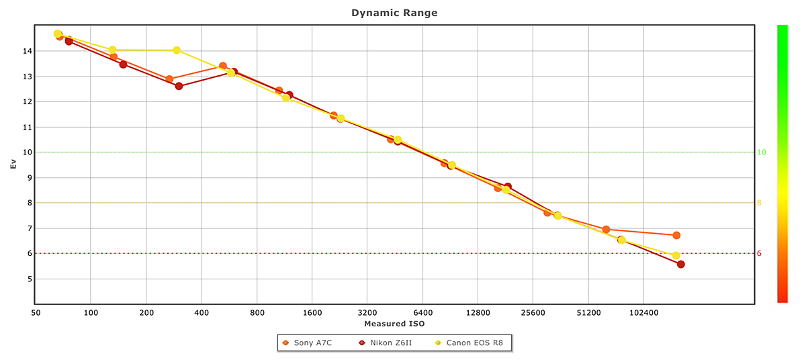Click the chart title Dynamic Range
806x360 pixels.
(x=394, y=13)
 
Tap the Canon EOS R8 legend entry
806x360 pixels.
(x=478, y=343)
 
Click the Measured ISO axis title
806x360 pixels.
(x=394, y=324)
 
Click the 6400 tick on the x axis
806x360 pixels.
(x=422, y=313)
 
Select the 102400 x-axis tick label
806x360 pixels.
(x=643, y=313)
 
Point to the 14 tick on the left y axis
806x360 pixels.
(x=27, y=51)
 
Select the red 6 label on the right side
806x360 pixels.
(x=760, y=254)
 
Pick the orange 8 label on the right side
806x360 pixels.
(x=760, y=203)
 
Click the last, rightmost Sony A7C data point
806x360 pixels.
(x=676, y=235)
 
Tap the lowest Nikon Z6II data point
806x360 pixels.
(x=681, y=264)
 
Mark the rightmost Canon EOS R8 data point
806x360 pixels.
(x=676, y=255)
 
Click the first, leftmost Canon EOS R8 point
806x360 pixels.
(x=58, y=34)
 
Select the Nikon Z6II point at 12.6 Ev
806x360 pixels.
(x=179, y=86)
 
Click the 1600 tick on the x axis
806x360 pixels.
(x=312, y=313)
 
